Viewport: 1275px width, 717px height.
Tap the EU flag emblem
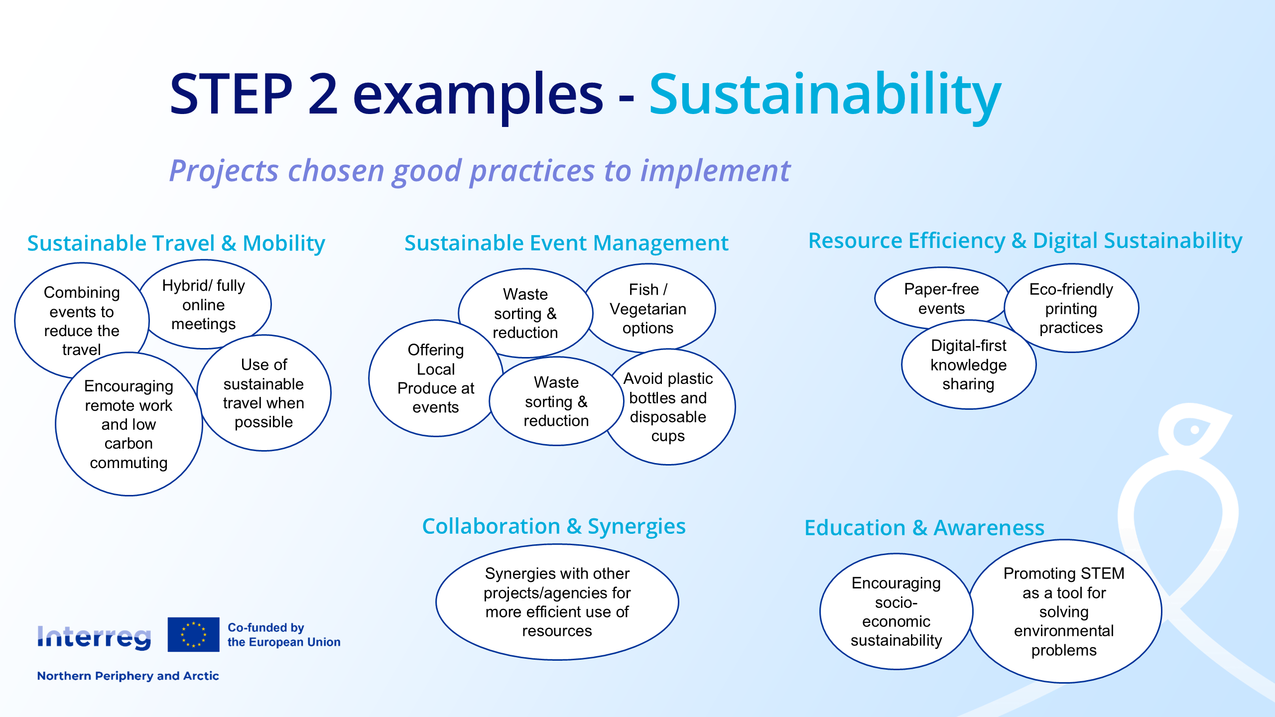193,634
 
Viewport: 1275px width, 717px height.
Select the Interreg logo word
94,637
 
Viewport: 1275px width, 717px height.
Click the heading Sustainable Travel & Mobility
176,243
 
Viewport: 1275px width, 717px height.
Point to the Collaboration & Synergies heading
554,526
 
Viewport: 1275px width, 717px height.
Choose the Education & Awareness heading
924,528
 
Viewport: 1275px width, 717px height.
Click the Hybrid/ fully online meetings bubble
204,304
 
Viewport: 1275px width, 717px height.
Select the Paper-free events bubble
941,298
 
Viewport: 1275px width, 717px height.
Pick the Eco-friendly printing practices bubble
1071,308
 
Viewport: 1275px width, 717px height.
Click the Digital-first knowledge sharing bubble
969,364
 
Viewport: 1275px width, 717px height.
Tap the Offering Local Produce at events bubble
436,378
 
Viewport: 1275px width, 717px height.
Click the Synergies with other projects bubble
557,602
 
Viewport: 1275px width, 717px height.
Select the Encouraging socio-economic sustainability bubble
896,611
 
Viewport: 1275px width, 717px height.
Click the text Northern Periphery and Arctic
128,676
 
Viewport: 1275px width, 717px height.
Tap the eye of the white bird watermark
1194,430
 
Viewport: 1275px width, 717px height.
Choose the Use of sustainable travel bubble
264,393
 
